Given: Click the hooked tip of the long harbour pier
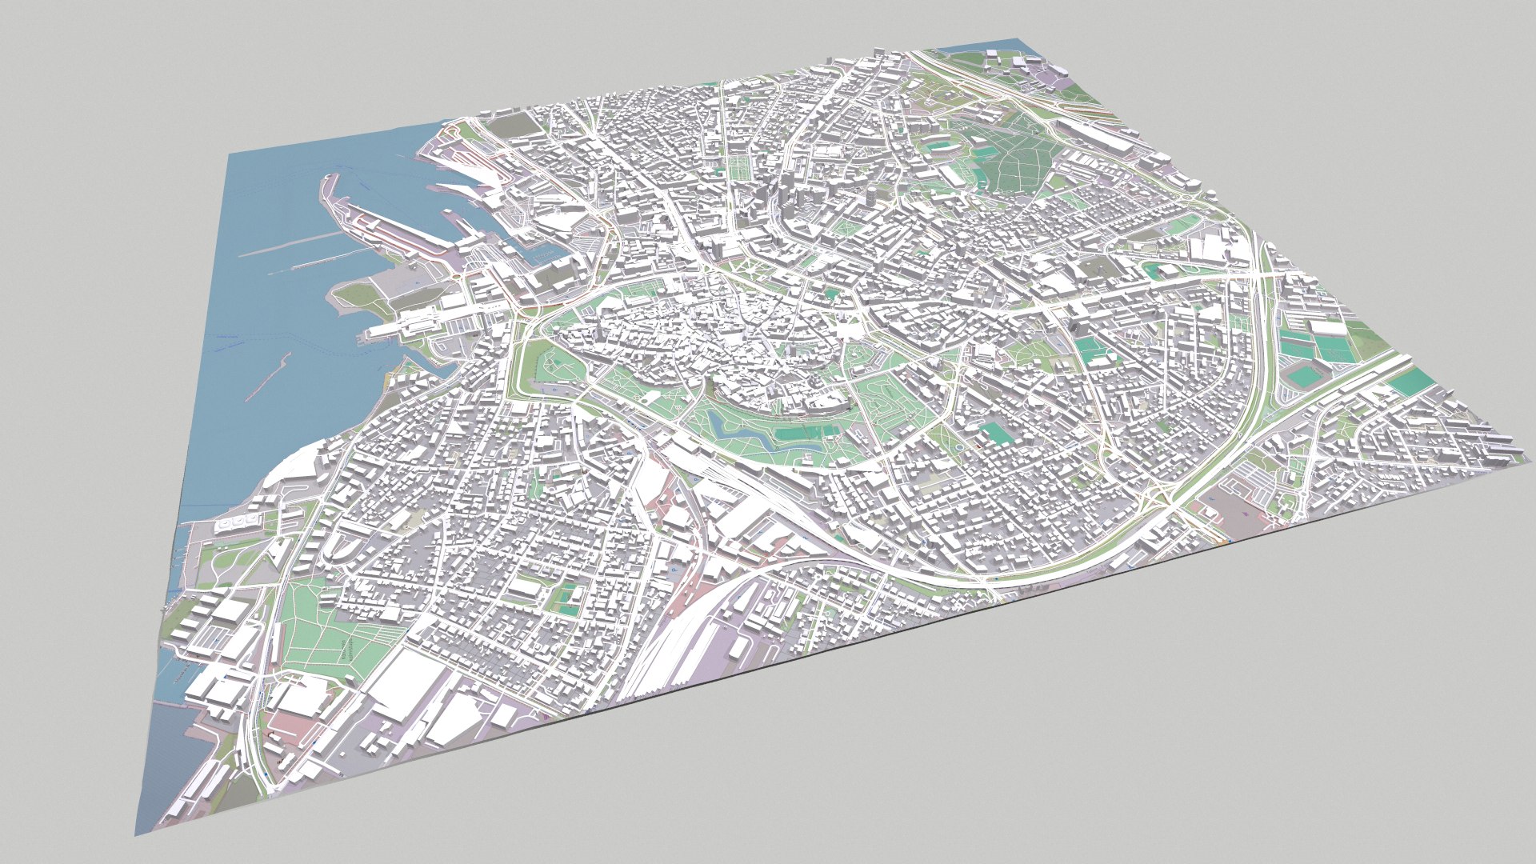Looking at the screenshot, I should pyautogui.click(x=328, y=180).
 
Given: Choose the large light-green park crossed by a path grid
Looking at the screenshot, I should pyautogui.click(x=328, y=632).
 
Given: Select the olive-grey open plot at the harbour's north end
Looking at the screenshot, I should pyautogui.click(x=508, y=126).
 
